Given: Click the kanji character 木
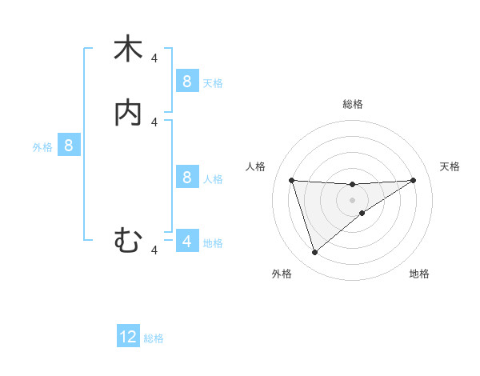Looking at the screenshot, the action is (128, 49).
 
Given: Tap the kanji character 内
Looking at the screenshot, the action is (128, 113).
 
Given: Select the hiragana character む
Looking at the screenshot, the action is (128, 240).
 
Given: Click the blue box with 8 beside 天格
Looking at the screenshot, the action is (186, 81).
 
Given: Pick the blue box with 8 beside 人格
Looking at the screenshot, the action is (186, 177).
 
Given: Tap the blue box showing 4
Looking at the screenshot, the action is (186, 241).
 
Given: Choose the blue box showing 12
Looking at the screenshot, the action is (128, 337).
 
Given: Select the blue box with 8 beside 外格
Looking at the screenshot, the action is (69, 146).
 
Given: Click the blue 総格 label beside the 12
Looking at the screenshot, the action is (154, 338).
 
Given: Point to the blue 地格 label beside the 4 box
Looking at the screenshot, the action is (213, 242).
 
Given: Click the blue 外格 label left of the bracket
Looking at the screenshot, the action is (42, 147).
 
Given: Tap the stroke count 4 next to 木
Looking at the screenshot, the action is (154, 58).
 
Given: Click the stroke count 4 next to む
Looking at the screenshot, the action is (154, 250).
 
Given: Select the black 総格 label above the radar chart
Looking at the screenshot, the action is (352, 104).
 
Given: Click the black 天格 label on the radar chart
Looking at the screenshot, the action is (450, 166).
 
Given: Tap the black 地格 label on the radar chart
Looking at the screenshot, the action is (419, 274).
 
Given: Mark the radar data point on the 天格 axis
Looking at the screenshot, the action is (413, 180).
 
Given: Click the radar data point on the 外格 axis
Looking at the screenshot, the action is (314, 253).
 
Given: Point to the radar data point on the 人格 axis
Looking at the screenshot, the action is (291, 180).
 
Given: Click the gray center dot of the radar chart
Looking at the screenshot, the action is (352, 199).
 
